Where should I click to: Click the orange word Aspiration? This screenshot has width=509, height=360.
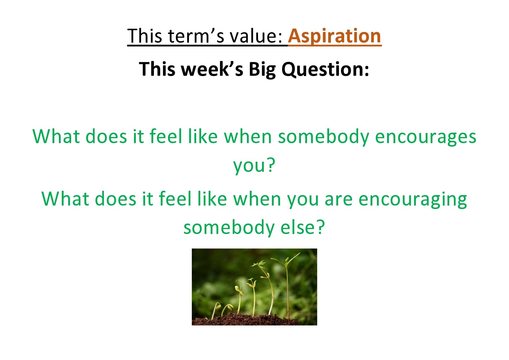(335, 36)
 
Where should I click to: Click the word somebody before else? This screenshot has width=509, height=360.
(229, 228)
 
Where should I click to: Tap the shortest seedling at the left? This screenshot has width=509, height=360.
(216, 310)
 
